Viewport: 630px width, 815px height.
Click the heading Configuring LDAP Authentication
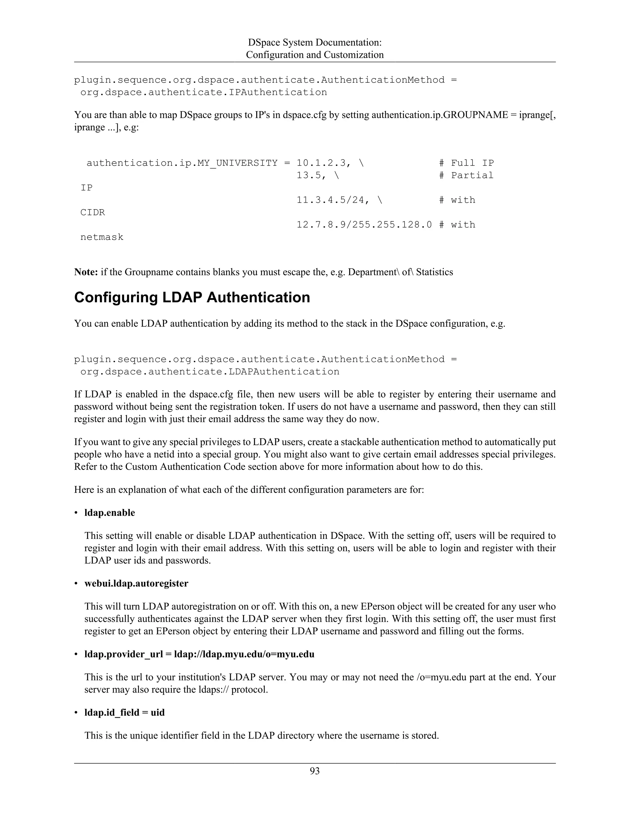[x=192, y=297]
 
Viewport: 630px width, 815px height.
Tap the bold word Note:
[x=86, y=272]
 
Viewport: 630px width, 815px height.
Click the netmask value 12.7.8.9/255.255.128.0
[x=364, y=225]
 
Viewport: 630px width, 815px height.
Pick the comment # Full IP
[x=466, y=163]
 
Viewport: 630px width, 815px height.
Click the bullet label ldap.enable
[x=110, y=513]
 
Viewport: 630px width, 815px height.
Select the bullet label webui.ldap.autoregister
[x=136, y=583]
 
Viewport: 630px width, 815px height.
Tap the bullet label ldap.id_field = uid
[x=124, y=712]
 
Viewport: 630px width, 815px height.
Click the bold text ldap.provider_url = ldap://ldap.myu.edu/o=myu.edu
[x=199, y=654]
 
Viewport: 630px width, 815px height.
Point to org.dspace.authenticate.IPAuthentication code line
[x=203, y=92]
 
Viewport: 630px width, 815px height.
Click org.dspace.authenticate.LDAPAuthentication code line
[x=210, y=372]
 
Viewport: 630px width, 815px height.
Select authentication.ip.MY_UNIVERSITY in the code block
[x=182, y=163]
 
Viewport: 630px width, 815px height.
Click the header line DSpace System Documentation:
[x=315, y=42]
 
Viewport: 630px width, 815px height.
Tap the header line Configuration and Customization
[x=315, y=55]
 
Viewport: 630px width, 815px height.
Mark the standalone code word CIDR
[x=93, y=212]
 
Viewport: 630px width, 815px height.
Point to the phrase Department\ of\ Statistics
[x=400, y=272]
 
